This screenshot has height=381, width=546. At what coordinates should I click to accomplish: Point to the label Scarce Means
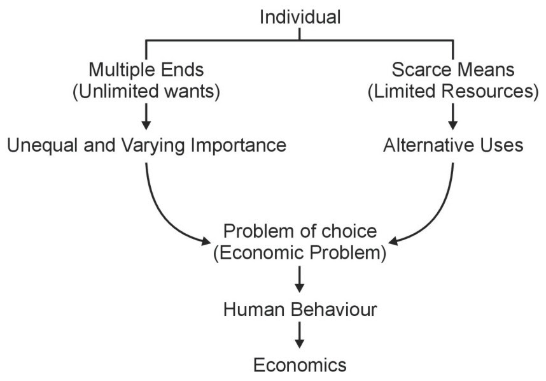tap(452, 69)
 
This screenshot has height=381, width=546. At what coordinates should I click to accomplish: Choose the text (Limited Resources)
tap(452, 91)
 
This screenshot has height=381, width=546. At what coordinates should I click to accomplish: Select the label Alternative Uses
tap(453, 145)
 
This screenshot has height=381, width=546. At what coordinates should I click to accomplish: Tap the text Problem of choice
tap(300, 231)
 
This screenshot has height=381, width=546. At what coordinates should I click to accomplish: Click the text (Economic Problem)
tap(300, 253)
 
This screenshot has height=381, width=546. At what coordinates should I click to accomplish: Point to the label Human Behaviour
tap(300, 310)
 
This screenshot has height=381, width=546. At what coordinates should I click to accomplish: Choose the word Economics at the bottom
tap(300, 365)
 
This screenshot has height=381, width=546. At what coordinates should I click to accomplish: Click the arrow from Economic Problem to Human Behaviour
tap(300, 279)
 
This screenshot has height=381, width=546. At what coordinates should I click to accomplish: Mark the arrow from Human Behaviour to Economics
tap(300, 336)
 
